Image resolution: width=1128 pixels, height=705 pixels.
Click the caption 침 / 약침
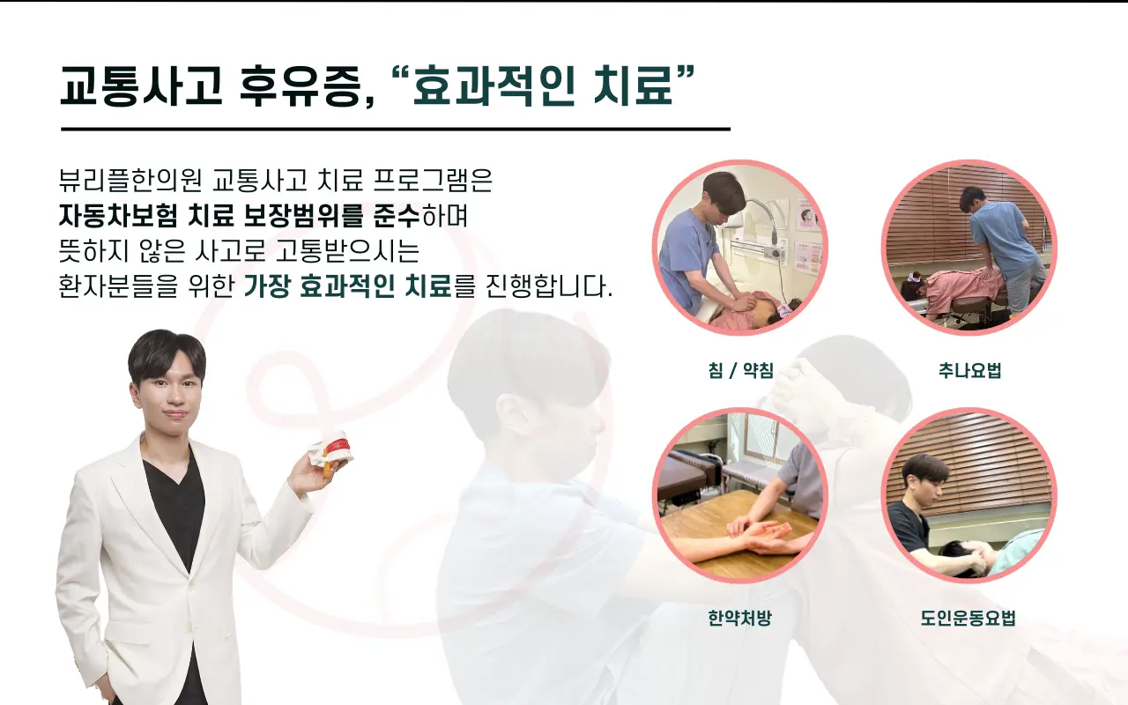pos(739,371)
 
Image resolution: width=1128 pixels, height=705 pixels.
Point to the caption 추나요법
pos(969,371)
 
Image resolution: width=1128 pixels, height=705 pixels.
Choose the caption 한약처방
pos(739,618)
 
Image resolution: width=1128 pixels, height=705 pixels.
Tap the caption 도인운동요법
pos(969,618)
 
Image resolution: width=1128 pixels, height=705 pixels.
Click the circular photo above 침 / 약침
pos(739,248)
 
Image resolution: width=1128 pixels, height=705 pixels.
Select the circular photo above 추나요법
pos(969,248)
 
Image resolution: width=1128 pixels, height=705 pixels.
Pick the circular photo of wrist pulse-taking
pos(739,495)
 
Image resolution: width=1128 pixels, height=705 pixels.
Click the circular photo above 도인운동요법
pos(969,495)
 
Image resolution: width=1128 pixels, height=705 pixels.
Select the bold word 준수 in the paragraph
pos(391,216)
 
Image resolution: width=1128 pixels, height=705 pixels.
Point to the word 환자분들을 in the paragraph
pos(119,286)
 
